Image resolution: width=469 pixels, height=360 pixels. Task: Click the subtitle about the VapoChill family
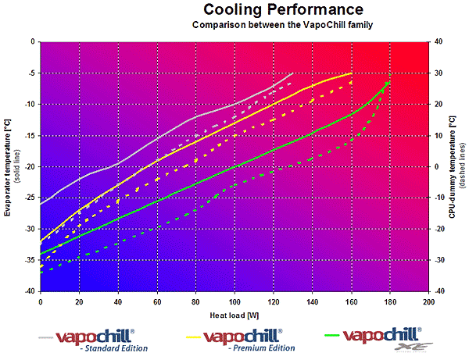tap(282, 25)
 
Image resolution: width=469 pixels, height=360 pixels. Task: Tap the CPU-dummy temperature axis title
tap(453, 166)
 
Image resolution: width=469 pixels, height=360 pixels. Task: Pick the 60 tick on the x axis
tap(156, 301)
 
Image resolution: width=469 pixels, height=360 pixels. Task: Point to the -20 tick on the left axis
tap(28, 166)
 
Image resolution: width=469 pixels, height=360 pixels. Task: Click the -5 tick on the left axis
tap(30, 73)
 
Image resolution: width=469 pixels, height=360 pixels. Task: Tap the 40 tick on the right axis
tap(440, 41)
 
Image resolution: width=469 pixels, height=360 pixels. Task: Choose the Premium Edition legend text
tap(264, 348)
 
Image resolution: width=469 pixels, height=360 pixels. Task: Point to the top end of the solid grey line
tap(292, 73)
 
